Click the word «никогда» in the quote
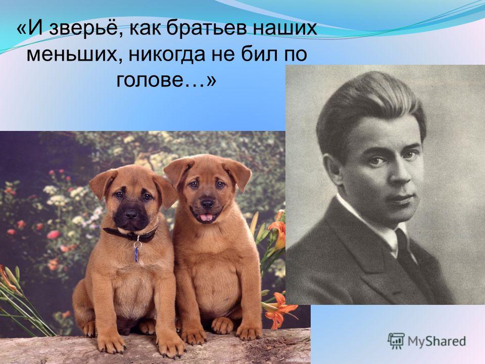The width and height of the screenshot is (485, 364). click(166, 55)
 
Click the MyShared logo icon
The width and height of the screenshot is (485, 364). click(396, 341)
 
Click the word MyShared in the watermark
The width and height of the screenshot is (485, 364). click(437, 341)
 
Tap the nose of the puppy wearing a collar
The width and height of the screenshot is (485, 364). click(131, 214)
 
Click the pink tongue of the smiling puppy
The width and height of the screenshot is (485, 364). click(206, 217)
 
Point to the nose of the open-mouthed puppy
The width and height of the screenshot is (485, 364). click(208, 203)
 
